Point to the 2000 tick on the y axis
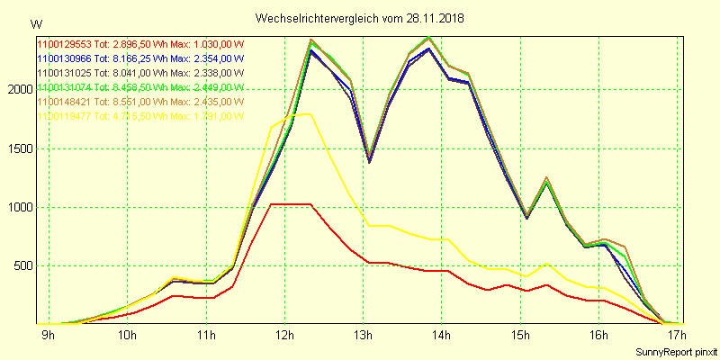point(18,90)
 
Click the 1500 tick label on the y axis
point(18,148)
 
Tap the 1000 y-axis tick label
point(18,207)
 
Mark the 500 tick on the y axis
point(21,265)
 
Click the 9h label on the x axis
point(49,337)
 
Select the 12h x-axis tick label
point(284,337)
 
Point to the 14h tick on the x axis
point(441,337)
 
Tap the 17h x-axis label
point(677,337)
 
